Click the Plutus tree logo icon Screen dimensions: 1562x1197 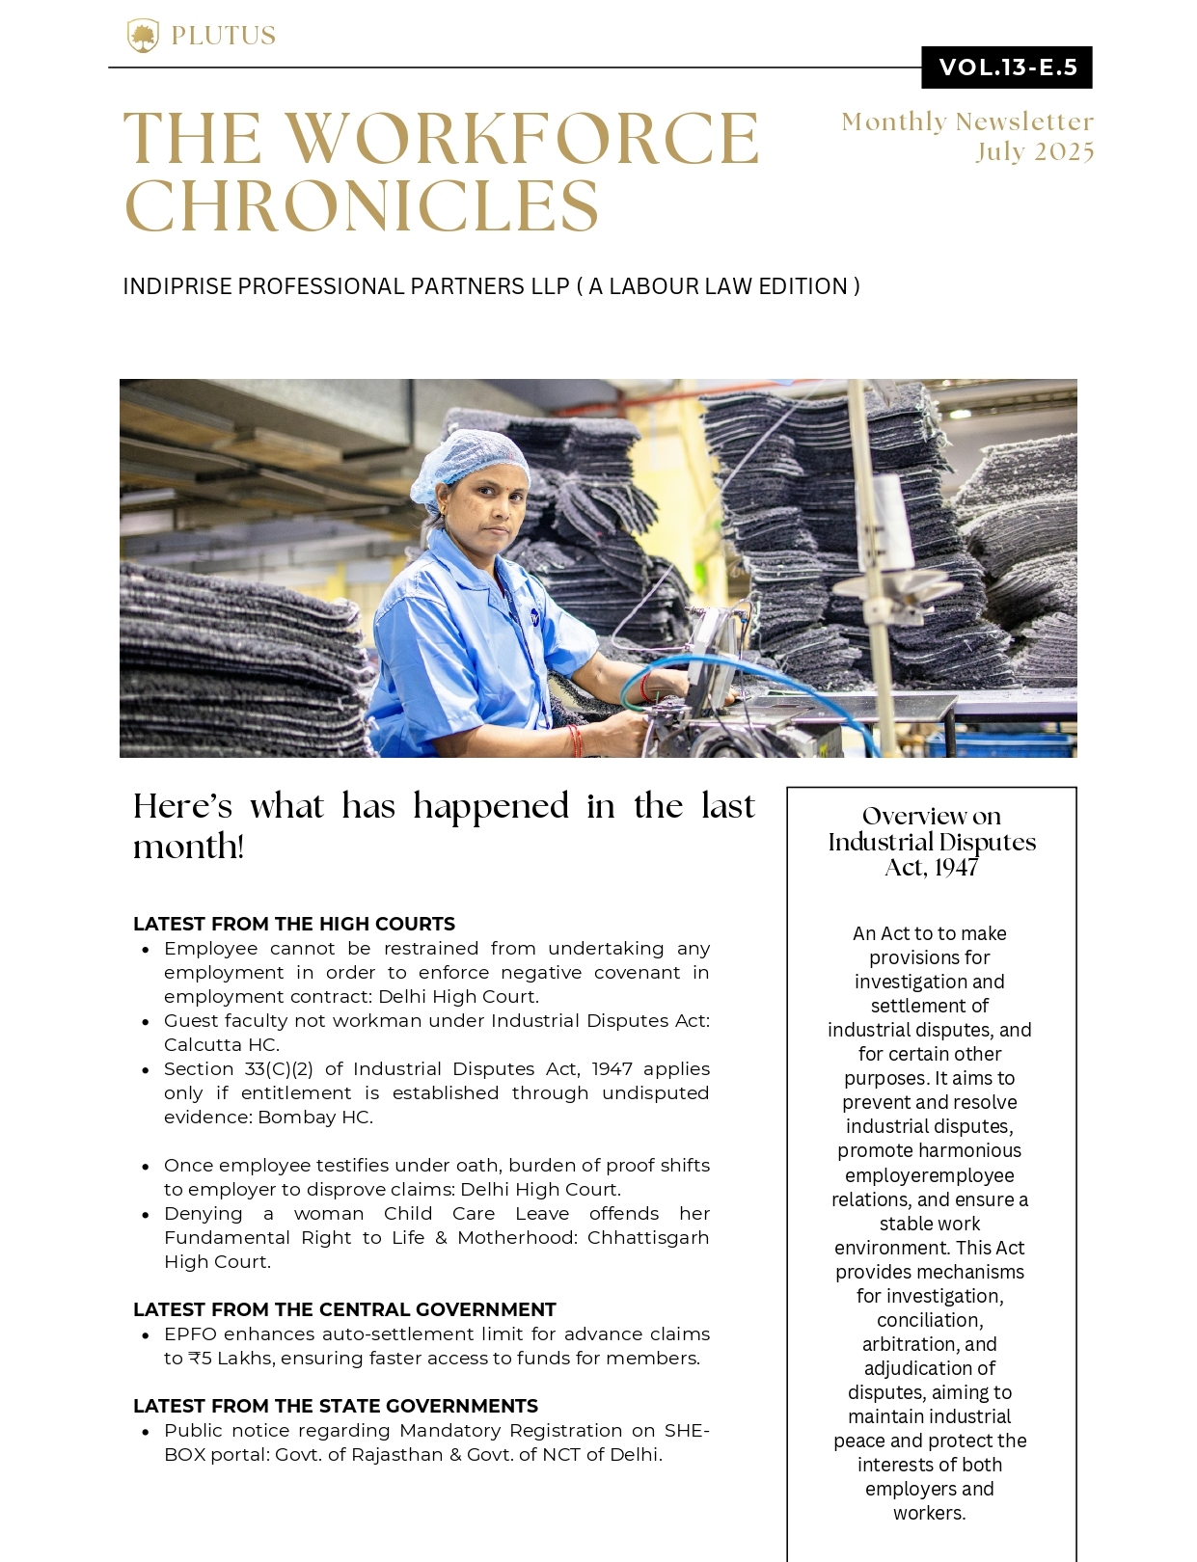pos(143,36)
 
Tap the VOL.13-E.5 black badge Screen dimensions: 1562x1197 pos(1007,67)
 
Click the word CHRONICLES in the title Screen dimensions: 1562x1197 pos(362,206)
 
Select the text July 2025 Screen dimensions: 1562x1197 pos(1035,152)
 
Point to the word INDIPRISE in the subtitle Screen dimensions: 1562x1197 pos(177,286)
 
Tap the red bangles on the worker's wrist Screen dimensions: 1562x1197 pos(576,741)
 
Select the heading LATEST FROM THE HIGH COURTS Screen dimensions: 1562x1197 pos(294,924)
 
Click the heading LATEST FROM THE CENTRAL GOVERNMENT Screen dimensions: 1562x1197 pos(344,1309)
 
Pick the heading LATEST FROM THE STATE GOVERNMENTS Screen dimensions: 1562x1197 pos(336,1406)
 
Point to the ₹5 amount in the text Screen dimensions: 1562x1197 pos(201,1358)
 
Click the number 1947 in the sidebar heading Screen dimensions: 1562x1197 pos(957,868)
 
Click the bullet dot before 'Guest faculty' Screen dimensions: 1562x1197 pos(145,1022)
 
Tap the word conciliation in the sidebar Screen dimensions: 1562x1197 pos(929,1320)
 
